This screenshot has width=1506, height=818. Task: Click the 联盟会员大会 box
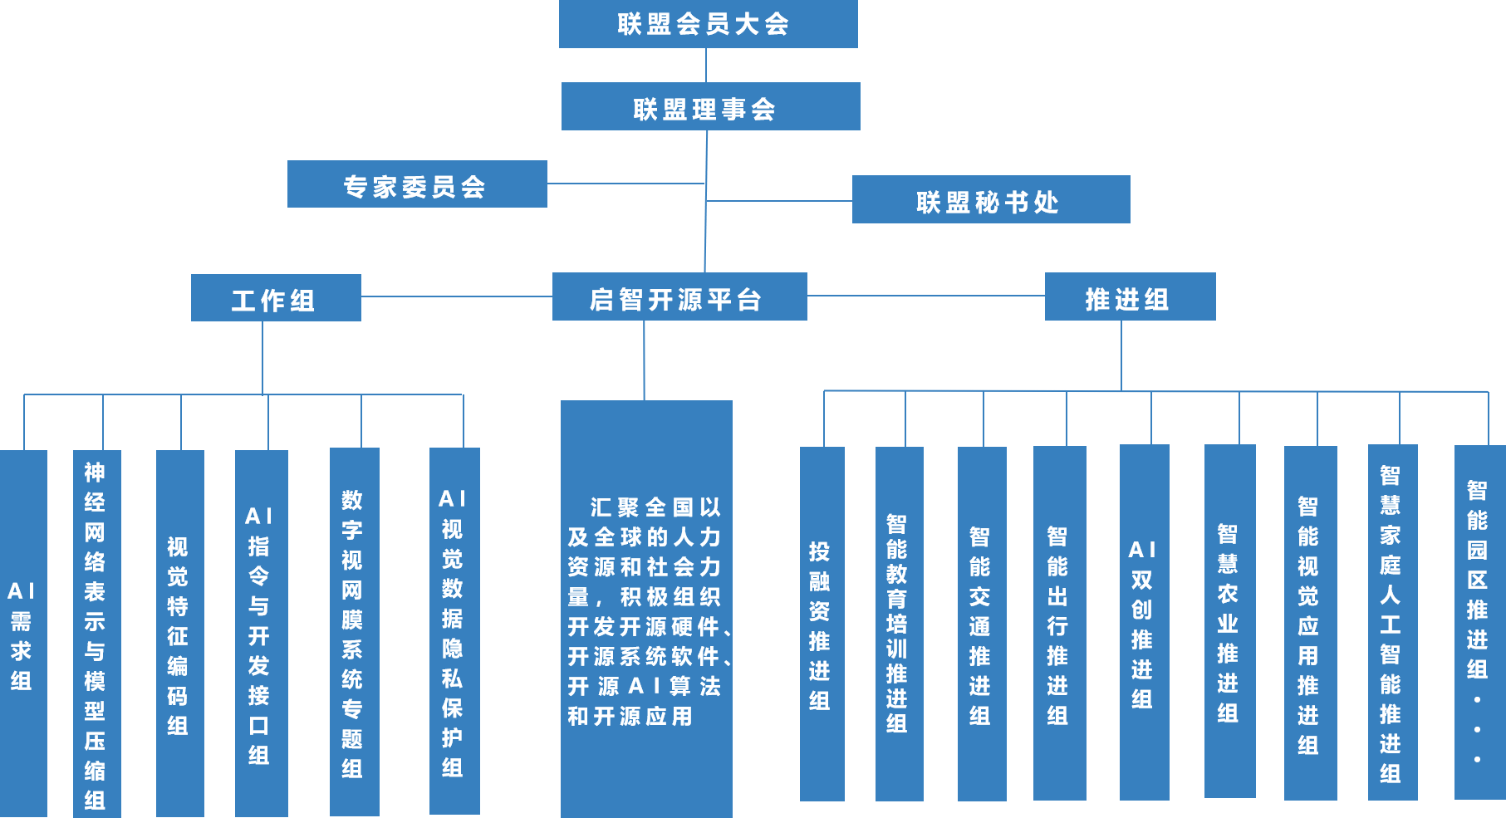click(708, 24)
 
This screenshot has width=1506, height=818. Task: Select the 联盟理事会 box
click(710, 106)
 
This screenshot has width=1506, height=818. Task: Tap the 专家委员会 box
click(417, 184)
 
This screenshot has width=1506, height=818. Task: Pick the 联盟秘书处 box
click(990, 199)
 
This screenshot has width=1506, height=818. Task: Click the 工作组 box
click(276, 298)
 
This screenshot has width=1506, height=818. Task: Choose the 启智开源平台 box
click(679, 296)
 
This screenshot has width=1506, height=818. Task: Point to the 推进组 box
click(1130, 296)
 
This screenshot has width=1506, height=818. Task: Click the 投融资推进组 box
click(822, 625)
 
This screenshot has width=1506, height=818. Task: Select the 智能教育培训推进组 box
click(899, 625)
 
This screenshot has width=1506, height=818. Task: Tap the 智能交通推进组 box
click(981, 625)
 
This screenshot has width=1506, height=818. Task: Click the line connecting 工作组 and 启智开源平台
click(457, 296)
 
